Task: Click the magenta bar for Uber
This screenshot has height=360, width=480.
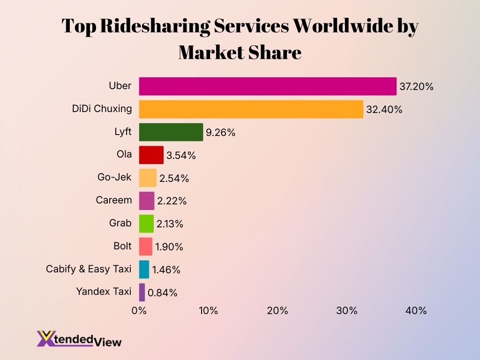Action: (267, 86)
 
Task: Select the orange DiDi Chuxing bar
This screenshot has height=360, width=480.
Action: (251, 109)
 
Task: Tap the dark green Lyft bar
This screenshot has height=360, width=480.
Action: (171, 132)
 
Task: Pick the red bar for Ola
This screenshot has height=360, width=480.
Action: (151, 155)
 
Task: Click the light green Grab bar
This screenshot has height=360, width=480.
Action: (146, 224)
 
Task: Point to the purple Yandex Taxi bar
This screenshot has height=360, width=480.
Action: (142, 292)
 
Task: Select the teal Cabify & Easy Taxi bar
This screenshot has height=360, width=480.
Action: (144, 270)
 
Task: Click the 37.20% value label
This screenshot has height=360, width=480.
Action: (416, 87)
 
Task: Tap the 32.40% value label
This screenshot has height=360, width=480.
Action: (384, 110)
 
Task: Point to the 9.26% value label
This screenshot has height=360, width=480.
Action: (220, 133)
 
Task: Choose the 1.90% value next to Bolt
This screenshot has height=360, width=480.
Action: (169, 247)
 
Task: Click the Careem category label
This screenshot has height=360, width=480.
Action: (114, 200)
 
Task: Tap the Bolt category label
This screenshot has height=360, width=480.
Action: (122, 246)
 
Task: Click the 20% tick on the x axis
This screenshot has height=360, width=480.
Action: (277, 311)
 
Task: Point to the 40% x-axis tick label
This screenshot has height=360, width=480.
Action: (416, 311)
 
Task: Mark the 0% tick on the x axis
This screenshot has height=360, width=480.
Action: (139, 311)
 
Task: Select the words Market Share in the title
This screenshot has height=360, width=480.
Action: (240, 52)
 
